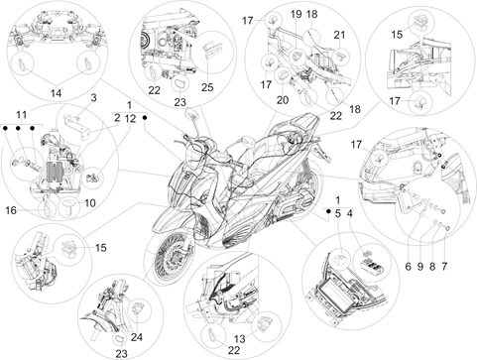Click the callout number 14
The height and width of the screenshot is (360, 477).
56,93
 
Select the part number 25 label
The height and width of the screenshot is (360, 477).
207,87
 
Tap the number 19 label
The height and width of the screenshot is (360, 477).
297,14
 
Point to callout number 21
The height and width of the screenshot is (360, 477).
339,35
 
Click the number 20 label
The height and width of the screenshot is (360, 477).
283,100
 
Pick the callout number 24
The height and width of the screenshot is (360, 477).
137,337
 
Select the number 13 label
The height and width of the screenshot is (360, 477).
240,339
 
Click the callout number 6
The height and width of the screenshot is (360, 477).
408,266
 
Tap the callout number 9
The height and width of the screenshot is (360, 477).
420,266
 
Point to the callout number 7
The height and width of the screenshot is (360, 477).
444,266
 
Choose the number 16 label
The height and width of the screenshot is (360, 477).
11,210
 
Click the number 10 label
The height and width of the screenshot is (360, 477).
90,203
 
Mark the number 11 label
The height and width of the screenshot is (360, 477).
22,115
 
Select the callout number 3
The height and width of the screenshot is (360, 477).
94,98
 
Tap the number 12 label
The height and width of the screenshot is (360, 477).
130,118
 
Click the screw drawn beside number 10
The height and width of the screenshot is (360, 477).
69,207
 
